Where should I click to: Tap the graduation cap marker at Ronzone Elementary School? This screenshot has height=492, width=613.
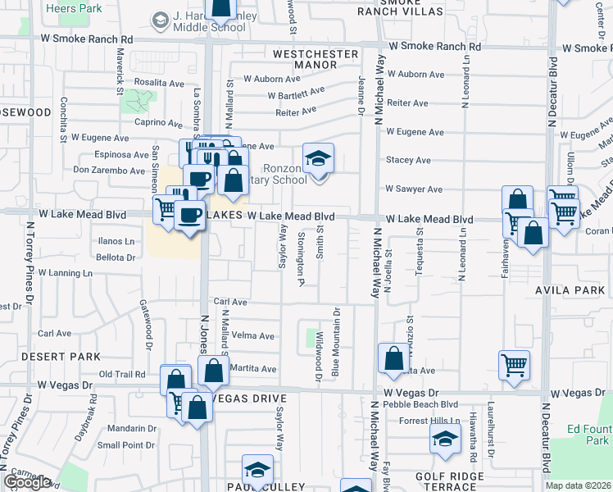[x=319, y=157]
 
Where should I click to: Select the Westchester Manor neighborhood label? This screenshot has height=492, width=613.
[x=316, y=59]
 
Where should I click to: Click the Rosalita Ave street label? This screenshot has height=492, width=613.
[x=160, y=83]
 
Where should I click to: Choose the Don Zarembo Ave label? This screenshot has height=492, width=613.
[x=109, y=171]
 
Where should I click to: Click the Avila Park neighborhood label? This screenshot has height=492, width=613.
[x=580, y=289]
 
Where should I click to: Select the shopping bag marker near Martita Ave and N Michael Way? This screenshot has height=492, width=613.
[x=393, y=358]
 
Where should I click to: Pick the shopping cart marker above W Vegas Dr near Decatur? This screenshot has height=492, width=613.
[x=514, y=365]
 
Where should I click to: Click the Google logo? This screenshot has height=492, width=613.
[x=26, y=481]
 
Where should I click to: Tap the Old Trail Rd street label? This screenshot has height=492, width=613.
[x=122, y=375]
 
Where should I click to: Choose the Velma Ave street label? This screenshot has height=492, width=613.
[x=253, y=336]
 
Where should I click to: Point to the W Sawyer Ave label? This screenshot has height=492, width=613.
[x=414, y=189]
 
